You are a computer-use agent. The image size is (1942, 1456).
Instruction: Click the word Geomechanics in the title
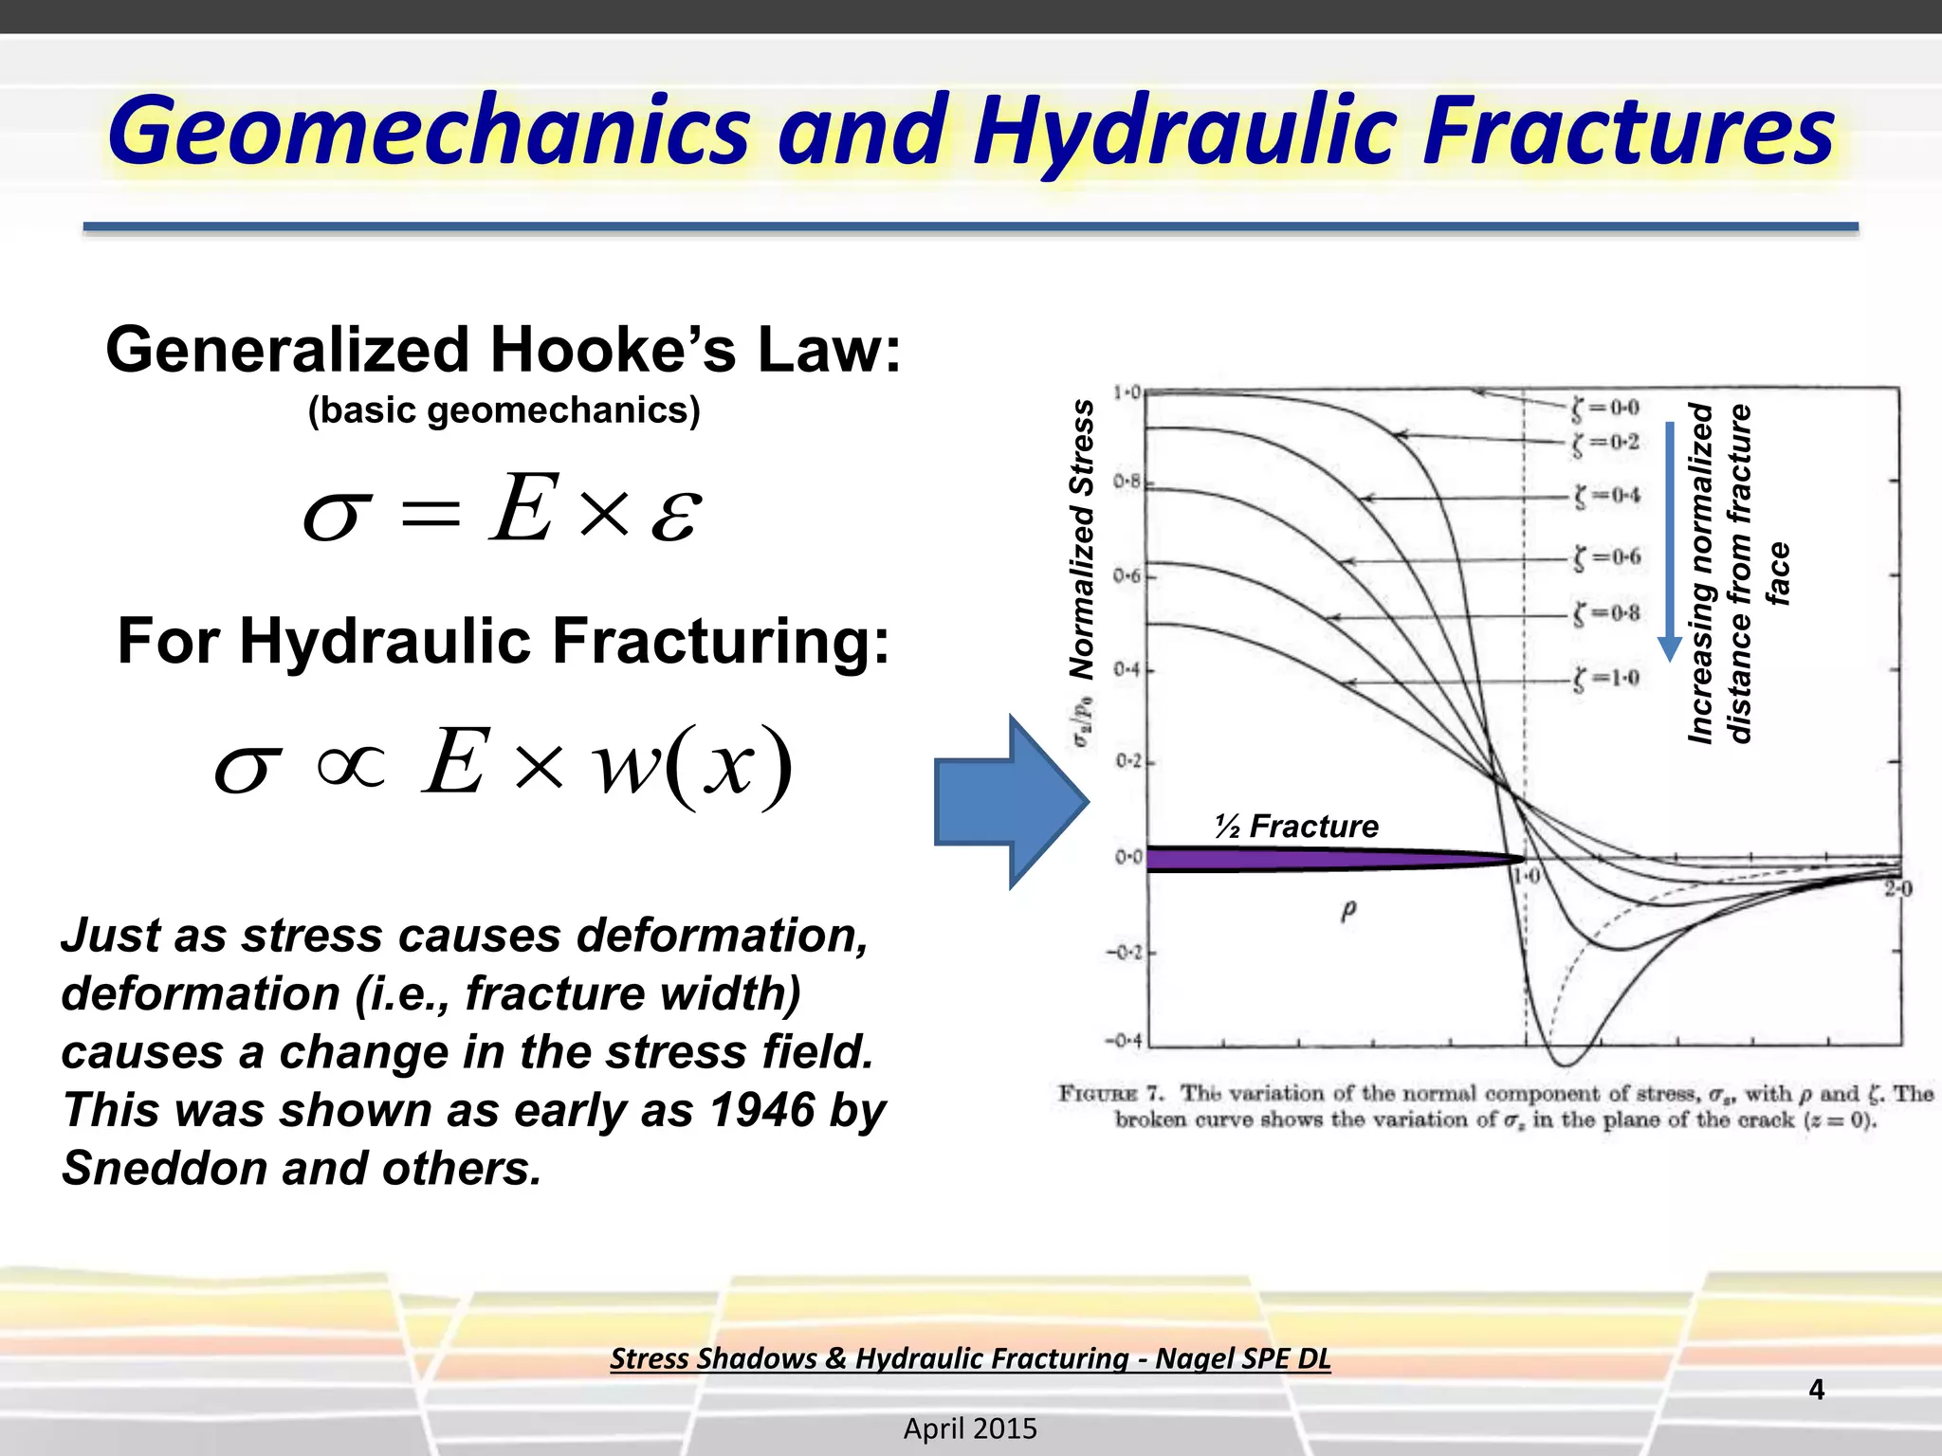point(429,133)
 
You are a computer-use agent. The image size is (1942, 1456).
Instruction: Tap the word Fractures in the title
point(1628,131)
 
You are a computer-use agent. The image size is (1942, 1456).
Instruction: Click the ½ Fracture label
point(1296,827)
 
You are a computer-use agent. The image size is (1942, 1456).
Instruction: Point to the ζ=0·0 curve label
point(1605,409)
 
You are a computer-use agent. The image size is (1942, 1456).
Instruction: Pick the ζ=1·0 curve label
point(1605,679)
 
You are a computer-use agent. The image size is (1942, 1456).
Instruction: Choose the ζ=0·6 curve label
point(1606,557)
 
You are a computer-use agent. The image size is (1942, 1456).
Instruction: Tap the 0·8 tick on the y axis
point(1127,482)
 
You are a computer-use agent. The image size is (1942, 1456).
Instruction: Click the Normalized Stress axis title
point(1082,538)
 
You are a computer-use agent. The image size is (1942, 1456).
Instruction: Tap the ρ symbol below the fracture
point(1348,911)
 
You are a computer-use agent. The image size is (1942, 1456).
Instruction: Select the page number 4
point(1816,1390)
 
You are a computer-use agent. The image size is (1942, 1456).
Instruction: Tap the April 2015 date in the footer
point(970,1429)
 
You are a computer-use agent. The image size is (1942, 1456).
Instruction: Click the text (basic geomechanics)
point(504,410)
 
